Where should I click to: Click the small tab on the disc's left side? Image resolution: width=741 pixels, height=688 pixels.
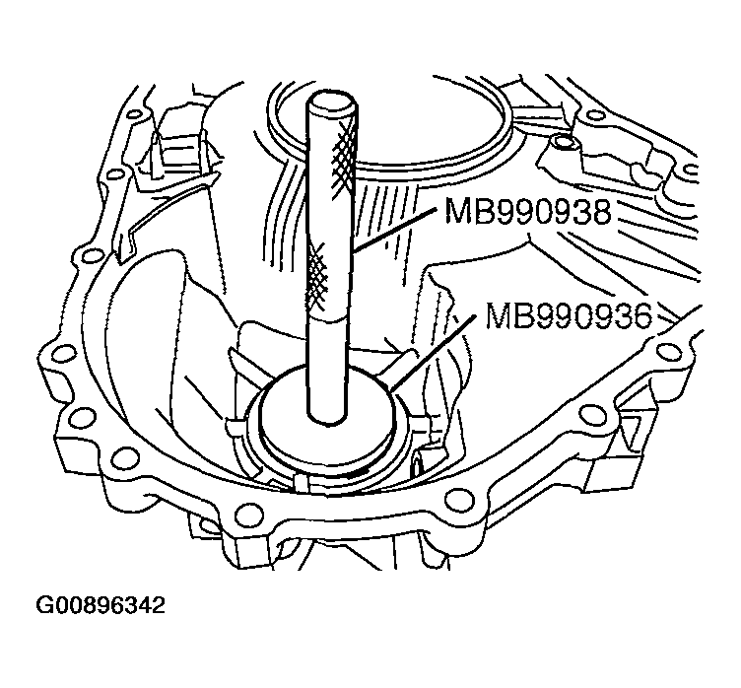(x=237, y=429)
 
